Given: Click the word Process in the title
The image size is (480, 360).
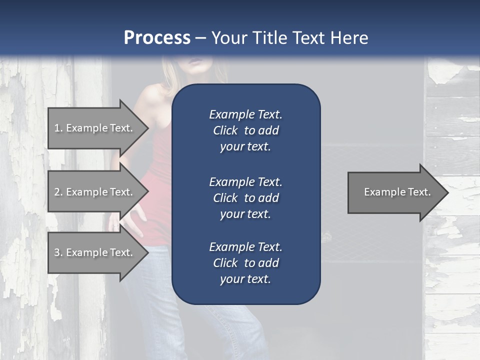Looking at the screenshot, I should [157, 38].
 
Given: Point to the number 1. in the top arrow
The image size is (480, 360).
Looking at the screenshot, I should [58, 128].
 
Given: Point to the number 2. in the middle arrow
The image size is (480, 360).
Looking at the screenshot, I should [58, 192].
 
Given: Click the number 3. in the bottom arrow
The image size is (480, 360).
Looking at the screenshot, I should [58, 252].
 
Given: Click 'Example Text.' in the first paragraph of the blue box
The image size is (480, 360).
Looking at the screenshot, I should [245, 114].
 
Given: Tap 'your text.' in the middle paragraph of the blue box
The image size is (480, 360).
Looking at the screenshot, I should [245, 214].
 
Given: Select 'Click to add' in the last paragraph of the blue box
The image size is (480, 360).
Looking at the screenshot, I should [245, 263].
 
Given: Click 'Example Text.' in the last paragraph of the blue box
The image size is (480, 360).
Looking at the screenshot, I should [245, 247].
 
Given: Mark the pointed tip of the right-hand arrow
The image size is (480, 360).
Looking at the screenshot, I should [447, 192].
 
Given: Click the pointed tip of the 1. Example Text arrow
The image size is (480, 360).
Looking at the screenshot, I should [148, 128].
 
